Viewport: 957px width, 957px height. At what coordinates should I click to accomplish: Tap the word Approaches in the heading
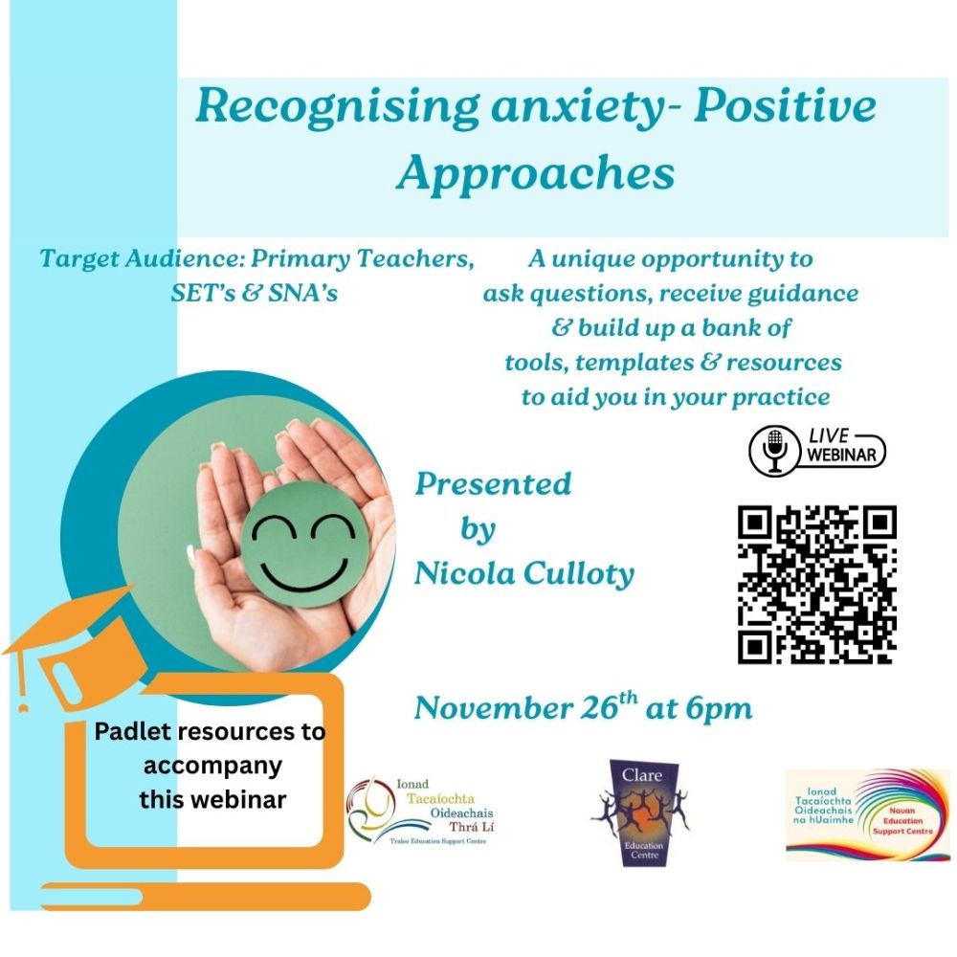click(x=535, y=174)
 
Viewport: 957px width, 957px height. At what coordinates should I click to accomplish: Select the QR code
click(x=816, y=584)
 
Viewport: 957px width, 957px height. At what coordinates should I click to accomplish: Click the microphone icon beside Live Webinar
click(x=774, y=451)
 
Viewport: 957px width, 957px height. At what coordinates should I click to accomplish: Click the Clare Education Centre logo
click(x=641, y=812)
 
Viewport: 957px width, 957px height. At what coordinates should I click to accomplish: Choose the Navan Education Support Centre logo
click(x=867, y=814)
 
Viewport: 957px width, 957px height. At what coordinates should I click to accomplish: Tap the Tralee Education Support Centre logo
click(x=420, y=812)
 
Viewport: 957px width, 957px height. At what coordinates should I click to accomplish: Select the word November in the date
click(x=493, y=708)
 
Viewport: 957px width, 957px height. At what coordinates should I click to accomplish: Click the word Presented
click(x=493, y=484)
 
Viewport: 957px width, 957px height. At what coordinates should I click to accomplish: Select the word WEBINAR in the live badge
click(x=841, y=456)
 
